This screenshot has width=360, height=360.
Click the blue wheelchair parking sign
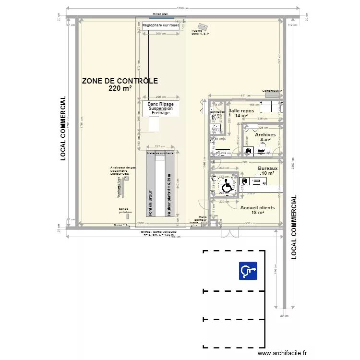coord(249,271)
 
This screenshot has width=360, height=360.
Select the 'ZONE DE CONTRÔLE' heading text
coord(120,81)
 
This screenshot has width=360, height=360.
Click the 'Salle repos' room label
coord(241,111)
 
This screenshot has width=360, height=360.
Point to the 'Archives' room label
coord(265,135)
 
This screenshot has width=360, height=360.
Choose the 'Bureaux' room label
coord(268,168)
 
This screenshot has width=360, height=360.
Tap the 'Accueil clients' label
coord(257,207)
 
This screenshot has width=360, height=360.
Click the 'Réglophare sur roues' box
coord(161,26)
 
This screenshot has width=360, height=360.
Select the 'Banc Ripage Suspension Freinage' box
coord(161,108)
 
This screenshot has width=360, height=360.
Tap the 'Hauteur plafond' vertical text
coord(169,192)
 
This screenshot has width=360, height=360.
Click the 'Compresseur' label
coord(272,91)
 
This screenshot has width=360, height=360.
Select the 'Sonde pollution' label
coord(125,210)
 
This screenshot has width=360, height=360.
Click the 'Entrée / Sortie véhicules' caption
coord(159,232)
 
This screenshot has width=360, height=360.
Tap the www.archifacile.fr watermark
coord(282,353)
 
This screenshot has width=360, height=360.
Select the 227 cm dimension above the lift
coord(160,146)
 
